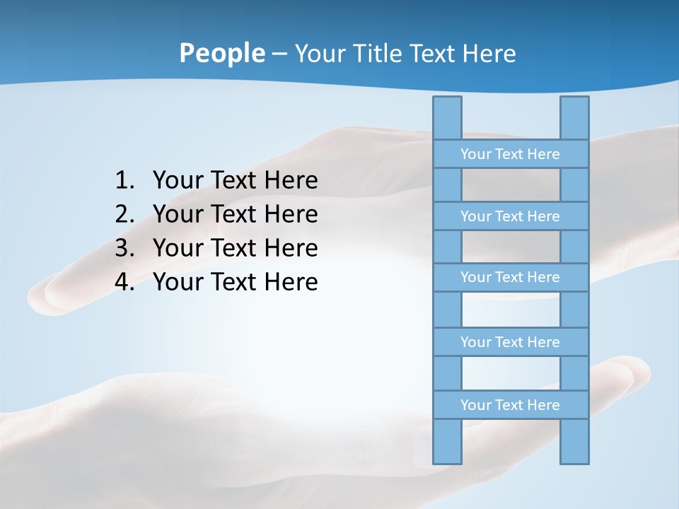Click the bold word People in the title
[x=221, y=53]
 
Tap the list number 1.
[x=124, y=181]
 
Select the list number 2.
[x=124, y=214]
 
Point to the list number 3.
[x=124, y=248]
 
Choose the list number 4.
[x=124, y=282]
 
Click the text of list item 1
[x=235, y=181]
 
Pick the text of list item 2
[x=235, y=214]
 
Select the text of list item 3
[x=235, y=248]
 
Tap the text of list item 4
[x=235, y=282]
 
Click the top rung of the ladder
[x=510, y=154]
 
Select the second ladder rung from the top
[x=510, y=216]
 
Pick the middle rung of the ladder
[x=510, y=278]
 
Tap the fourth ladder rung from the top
[x=510, y=342]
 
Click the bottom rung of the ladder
[x=510, y=405]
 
